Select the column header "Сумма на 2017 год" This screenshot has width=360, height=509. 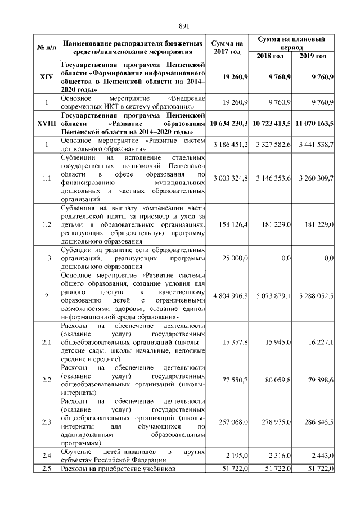(228, 47)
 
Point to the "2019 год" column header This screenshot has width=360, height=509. (313, 56)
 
